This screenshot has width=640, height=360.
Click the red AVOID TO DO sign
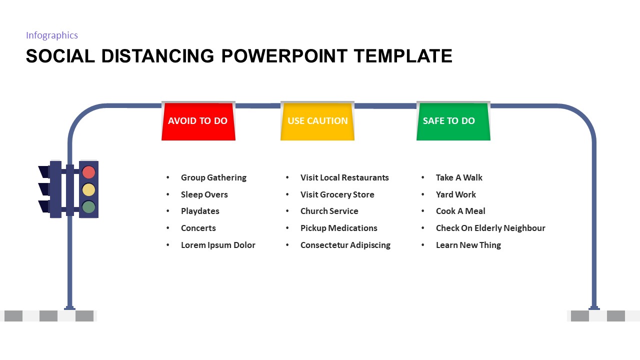198,121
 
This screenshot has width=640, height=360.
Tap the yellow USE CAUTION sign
317,121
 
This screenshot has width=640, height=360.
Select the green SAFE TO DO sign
453,121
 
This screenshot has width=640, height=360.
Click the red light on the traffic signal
88,172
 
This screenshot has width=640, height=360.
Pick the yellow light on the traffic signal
88,189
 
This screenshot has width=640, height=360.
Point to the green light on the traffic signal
88,206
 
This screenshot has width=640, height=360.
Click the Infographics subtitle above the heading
52,35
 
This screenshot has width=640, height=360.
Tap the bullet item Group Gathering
213,177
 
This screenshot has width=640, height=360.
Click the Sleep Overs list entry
204,194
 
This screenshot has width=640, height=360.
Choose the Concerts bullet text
198,228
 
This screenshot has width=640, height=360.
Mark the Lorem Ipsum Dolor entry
218,245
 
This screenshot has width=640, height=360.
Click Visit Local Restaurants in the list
344,177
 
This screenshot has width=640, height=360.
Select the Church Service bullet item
329,211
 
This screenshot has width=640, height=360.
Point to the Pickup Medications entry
338,228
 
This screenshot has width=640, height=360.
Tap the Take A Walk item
459,177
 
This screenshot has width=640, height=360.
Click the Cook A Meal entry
460,211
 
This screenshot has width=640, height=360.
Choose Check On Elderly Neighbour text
490,228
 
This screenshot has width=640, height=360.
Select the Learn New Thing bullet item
468,245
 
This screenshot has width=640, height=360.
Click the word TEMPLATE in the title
403,56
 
